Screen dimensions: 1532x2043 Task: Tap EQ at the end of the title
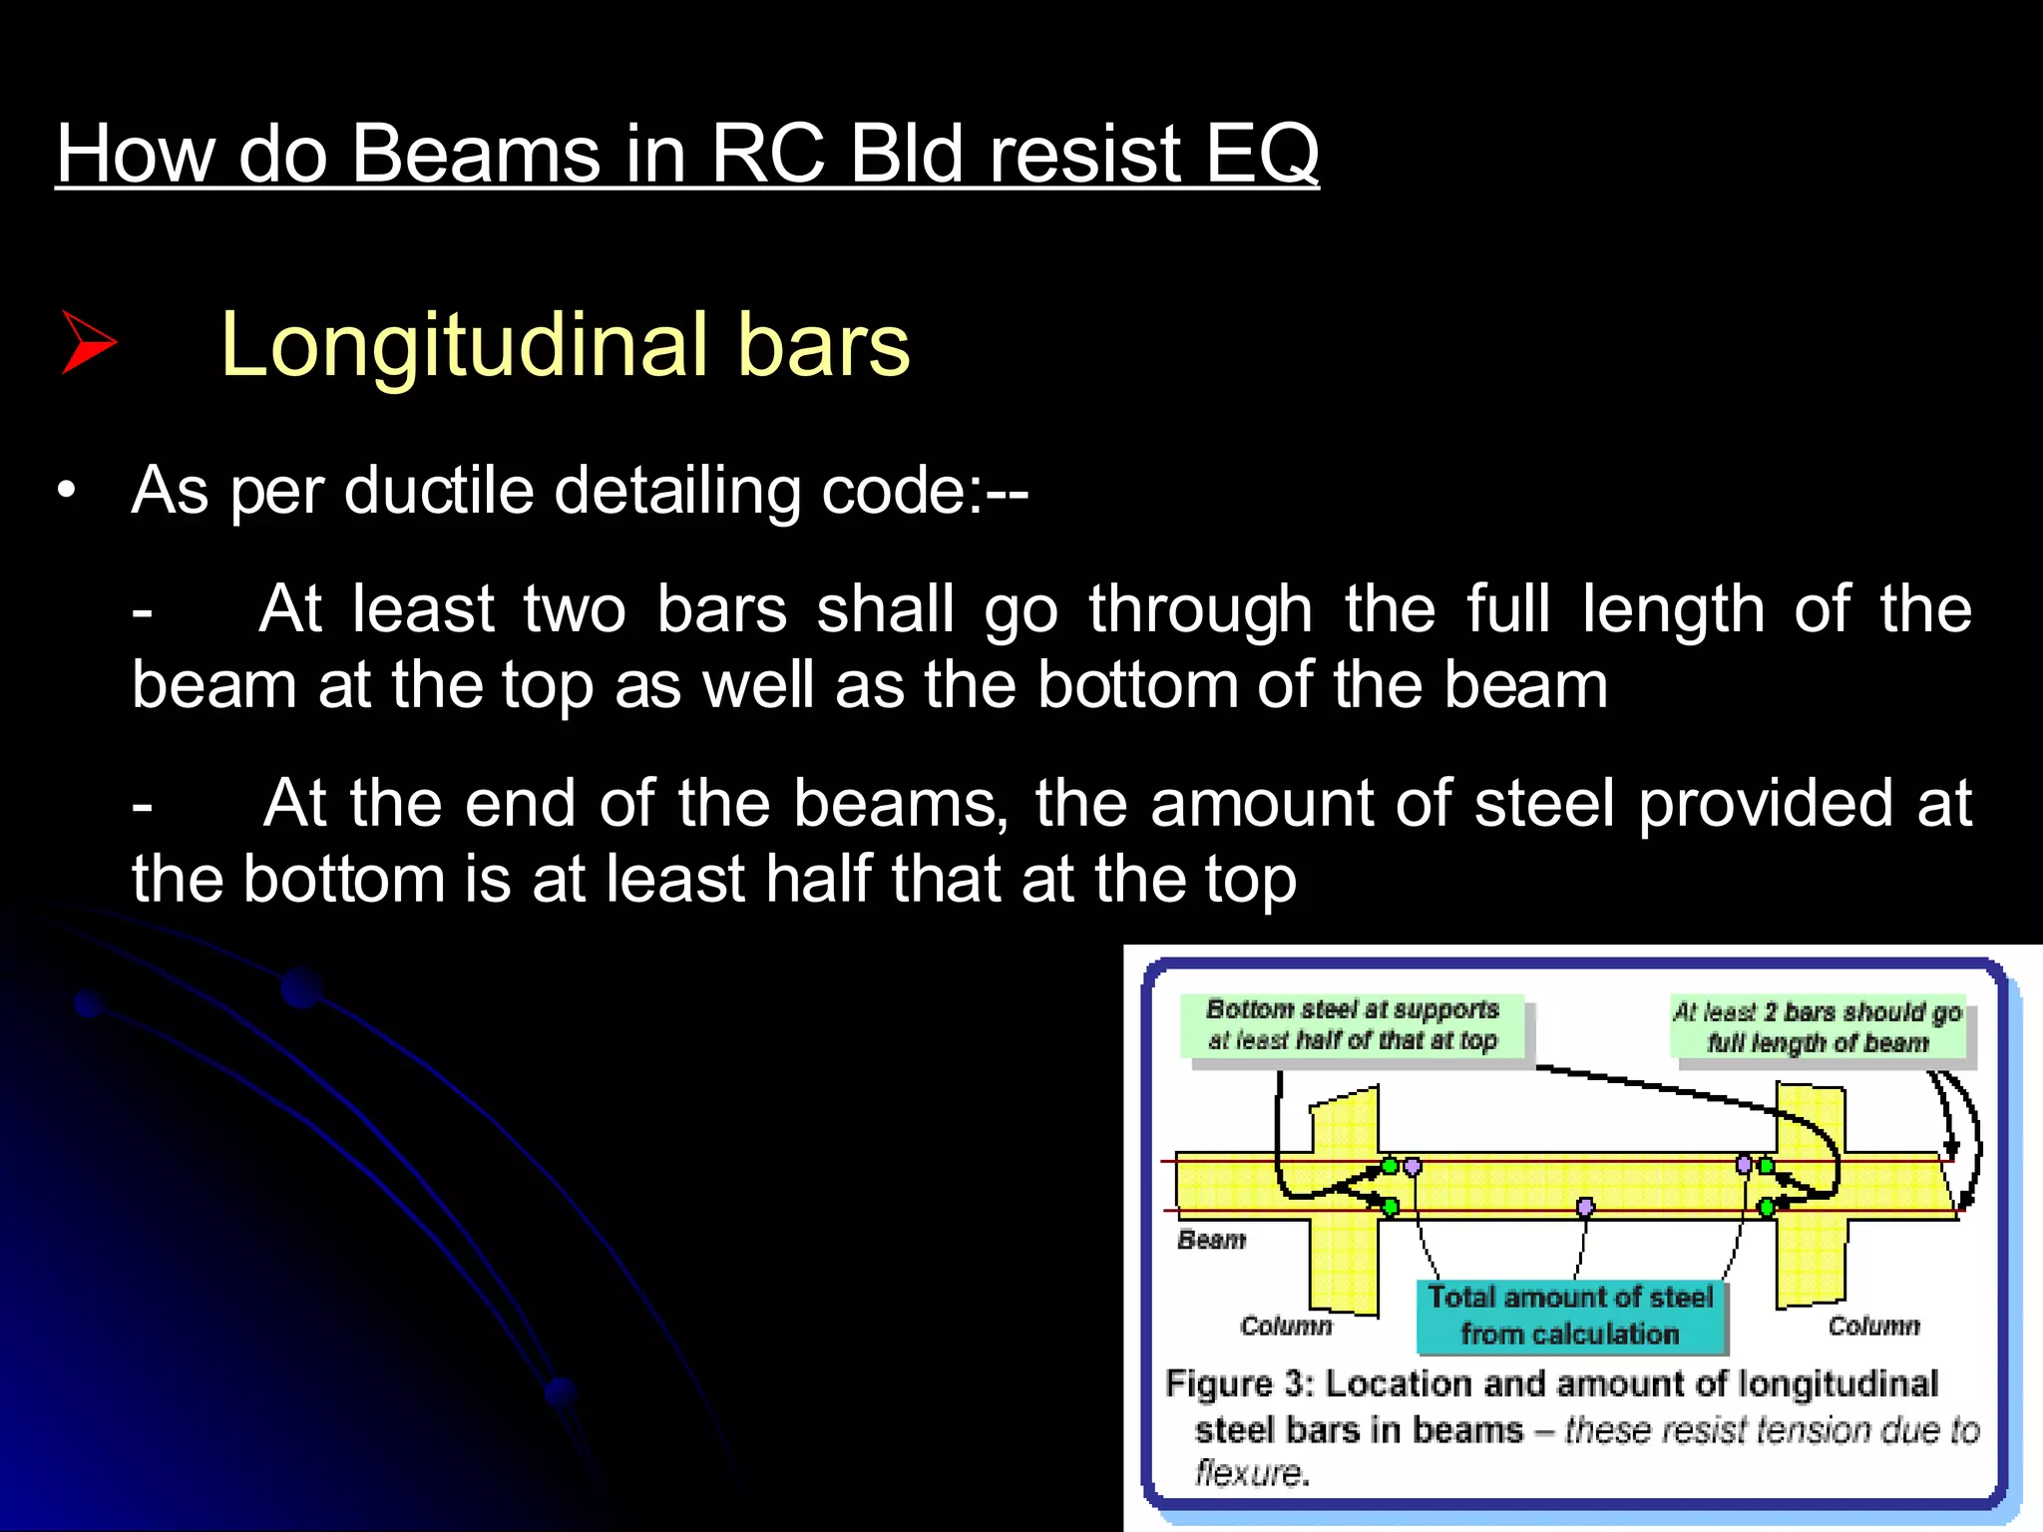pos(1261,155)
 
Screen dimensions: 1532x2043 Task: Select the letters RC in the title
pos(768,155)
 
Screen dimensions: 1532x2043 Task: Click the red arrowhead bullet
pos(89,342)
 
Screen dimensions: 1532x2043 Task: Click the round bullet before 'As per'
pos(67,491)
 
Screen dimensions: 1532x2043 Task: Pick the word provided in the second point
pos(1765,803)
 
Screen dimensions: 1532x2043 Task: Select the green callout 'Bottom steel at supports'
pos(1353,1025)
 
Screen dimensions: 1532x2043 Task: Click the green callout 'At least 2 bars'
pos(1818,1027)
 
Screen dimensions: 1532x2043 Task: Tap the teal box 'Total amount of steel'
pos(1570,1316)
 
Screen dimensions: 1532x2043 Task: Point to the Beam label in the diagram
pos(1211,1240)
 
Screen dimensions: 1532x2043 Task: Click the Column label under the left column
pos(1286,1326)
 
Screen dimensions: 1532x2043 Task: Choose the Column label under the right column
pos(1873,1326)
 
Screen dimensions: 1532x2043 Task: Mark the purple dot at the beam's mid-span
pos(1585,1208)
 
